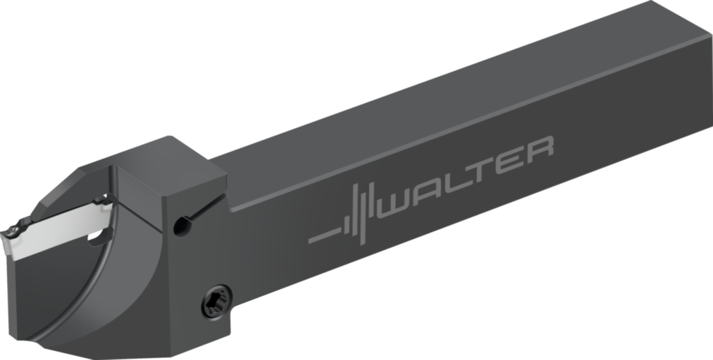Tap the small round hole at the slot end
point(182,224)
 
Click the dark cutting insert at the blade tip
point(15,229)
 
